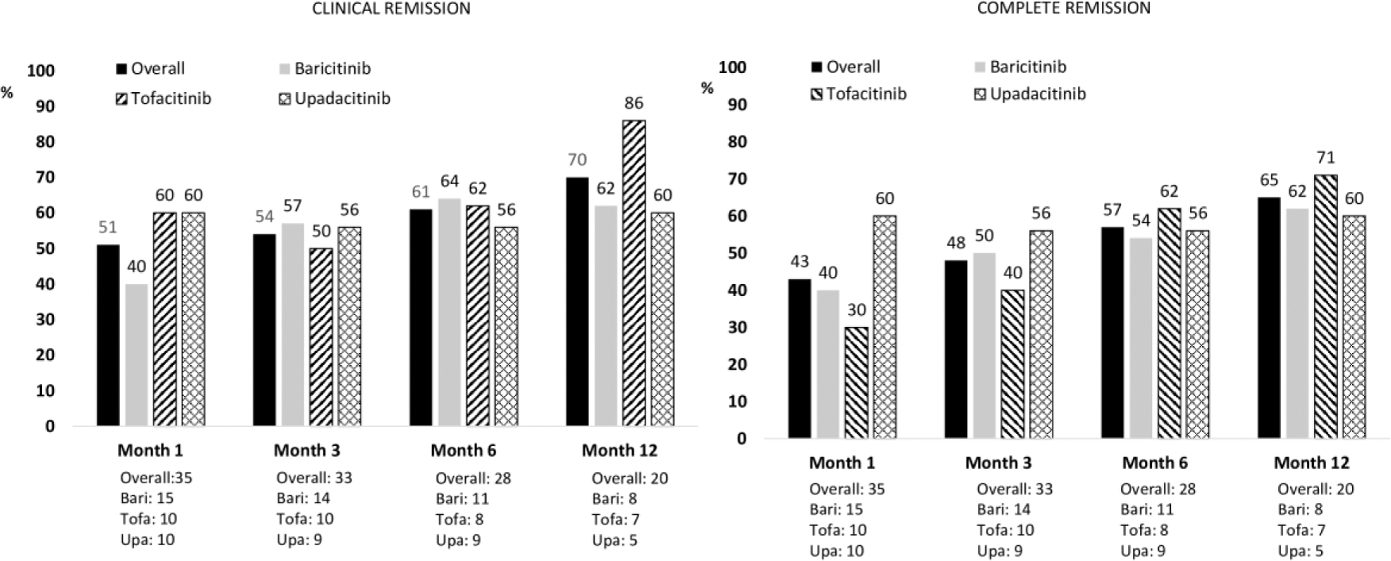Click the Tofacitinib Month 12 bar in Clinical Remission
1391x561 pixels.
coord(634,273)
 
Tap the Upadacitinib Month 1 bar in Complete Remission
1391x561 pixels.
coord(884,327)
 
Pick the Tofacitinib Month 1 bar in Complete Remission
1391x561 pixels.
coord(856,382)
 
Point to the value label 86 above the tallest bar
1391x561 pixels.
coord(634,103)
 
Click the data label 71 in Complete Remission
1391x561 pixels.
coord(1326,157)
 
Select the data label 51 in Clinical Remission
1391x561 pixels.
coord(108,228)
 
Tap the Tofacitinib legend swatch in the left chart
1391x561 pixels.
coord(122,99)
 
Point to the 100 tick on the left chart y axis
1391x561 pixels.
coord(41,71)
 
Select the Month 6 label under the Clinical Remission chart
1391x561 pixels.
coord(464,451)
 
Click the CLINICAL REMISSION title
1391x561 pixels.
coord(391,9)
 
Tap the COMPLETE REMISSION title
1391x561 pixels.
coord(1063,8)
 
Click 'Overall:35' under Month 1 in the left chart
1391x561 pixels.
coord(156,478)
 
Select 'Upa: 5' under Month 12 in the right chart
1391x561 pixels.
coord(1300,551)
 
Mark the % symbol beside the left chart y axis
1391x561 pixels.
coord(7,94)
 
